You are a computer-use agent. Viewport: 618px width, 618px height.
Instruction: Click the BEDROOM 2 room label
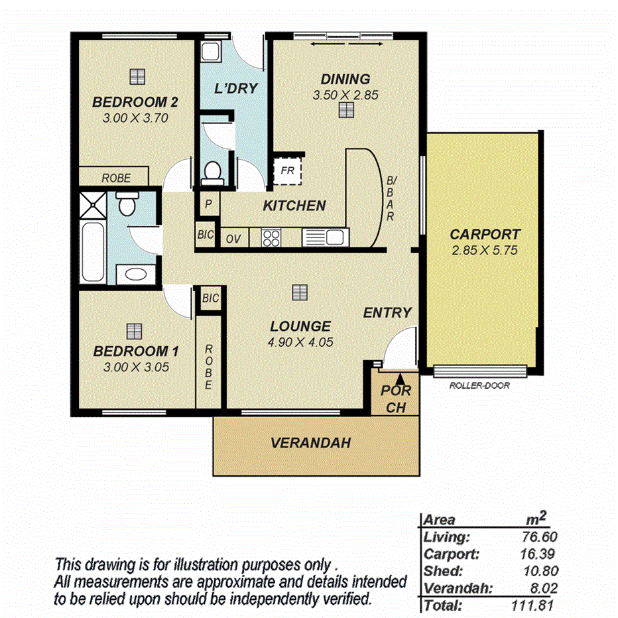pos(135,102)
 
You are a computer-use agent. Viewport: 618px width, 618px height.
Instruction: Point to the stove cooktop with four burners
pos(272,237)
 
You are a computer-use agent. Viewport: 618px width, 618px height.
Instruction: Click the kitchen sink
pos(325,237)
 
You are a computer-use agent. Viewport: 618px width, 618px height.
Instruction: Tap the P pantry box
pos(208,204)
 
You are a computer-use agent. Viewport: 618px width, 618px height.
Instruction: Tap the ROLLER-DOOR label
pos(479,385)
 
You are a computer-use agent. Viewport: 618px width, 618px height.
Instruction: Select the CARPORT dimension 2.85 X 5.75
pos(485,251)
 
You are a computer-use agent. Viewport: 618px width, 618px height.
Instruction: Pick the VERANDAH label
pos(310,443)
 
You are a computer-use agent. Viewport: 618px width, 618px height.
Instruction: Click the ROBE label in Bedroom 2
pos(115,178)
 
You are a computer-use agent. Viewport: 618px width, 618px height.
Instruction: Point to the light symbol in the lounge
pos(300,292)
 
